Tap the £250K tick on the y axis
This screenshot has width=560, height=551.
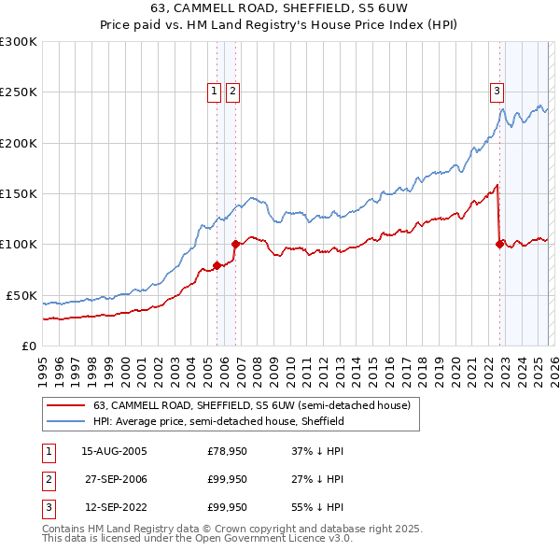pyautogui.click(x=19, y=92)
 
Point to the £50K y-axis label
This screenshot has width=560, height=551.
pyautogui.click(x=21, y=295)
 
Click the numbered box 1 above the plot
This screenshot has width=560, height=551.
pyautogui.click(x=215, y=91)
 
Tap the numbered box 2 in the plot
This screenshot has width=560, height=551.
pyautogui.click(x=232, y=91)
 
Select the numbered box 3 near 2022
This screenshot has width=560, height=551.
pyautogui.click(x=497, y=91)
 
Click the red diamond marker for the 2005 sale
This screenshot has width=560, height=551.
pyautogui.click(x=217, y=265)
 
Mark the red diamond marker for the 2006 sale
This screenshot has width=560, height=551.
pyautogui.click(x=235, y=245)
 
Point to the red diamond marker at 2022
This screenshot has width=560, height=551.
pyautogui.click(x=499, y=245)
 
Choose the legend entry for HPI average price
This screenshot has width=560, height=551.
pyautogui.click(x=218, y=421)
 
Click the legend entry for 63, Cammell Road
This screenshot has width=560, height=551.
pyautogui.click(x=257, y=405)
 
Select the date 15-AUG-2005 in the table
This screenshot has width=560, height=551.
pyautogui.click(x=115, y=451)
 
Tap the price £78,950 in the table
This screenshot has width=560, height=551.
pyautogui.click(x=227, y=451)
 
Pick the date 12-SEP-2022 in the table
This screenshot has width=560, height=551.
pyautogui.click(x=115, y=507)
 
